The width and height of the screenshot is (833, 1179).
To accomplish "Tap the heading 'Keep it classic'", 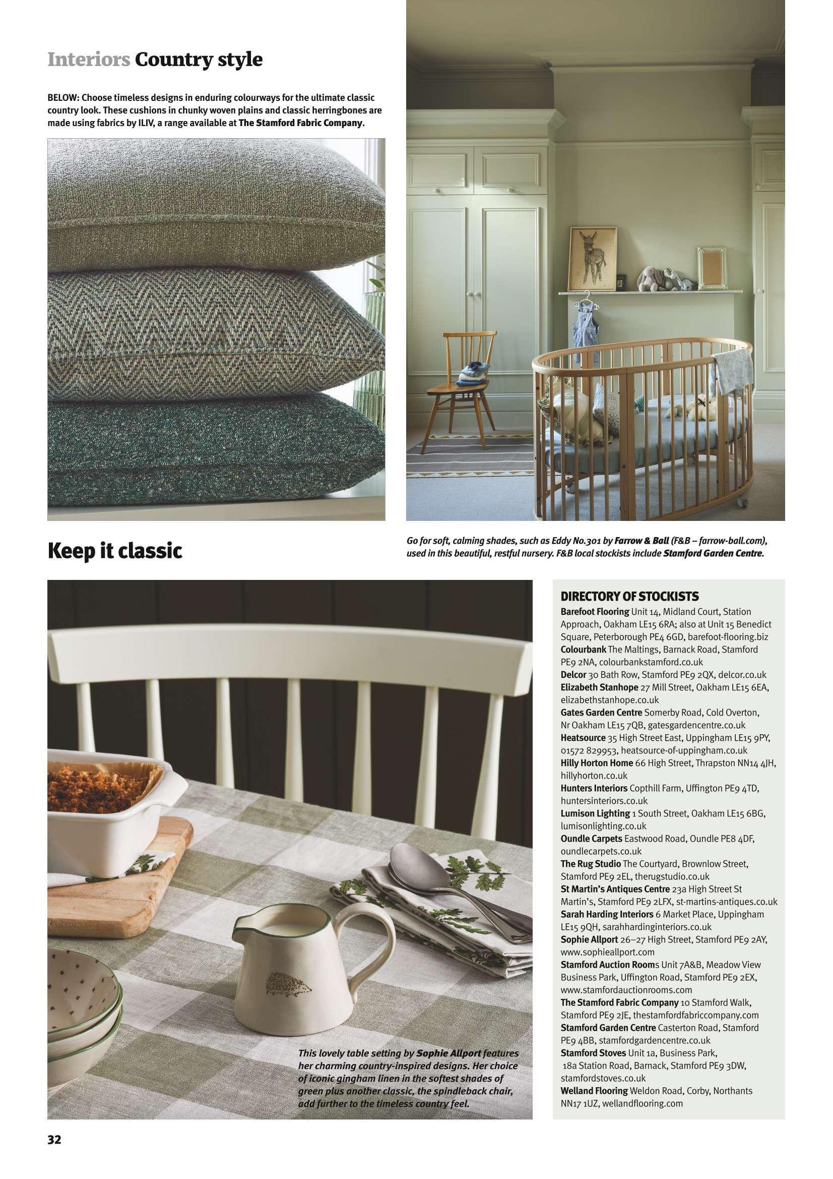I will (x=115, y=552).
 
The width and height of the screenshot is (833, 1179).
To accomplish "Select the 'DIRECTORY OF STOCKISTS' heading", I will (x=629, y=596).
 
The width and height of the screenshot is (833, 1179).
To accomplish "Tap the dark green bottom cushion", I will (x=216, y=439).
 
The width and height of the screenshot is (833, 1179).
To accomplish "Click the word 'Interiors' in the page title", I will (x=88, y=60).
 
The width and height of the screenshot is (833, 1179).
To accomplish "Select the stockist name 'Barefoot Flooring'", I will (x=594, y=612).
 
